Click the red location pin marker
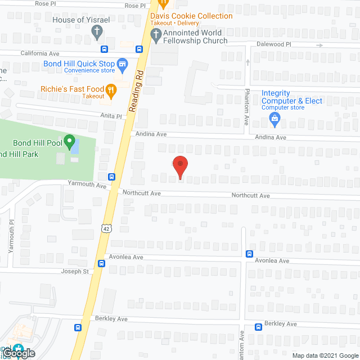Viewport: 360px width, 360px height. (x=179, y=166)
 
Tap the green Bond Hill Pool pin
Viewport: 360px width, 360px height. (x=70, y=141)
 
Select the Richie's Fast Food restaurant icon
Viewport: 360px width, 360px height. (x=111, y=89)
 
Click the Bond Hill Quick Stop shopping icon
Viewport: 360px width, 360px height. (x=121, y=64)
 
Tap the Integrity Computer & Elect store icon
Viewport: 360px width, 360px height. (x=274, y=118)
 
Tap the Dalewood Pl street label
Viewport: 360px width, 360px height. (x=289, y=44)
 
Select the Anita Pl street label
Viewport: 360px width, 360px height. (x=111, y=115)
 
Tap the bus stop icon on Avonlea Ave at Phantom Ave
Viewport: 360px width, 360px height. (x=249, y=254)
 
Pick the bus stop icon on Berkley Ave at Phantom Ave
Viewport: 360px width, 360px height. (x=259, y=327)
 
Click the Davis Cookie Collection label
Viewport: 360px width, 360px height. (x=191, y=16)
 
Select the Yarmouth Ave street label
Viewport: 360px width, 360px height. (x=87, y=184)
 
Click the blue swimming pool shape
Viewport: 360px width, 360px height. (x=75, y=146)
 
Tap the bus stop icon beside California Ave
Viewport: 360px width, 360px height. (x=138, y=49)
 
